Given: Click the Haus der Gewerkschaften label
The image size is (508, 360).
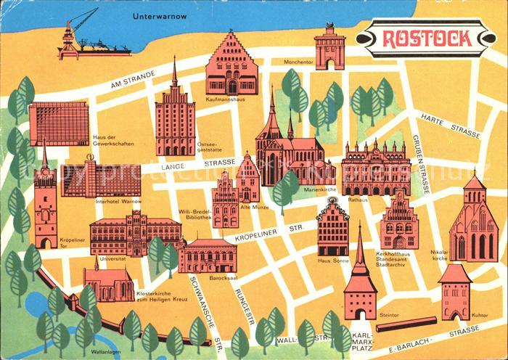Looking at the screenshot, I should tap(114, 141).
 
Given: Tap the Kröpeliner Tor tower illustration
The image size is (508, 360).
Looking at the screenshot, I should tap(46, 207).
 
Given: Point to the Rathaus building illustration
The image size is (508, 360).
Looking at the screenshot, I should tap(376, 169).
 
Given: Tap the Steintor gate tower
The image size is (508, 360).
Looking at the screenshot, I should tap(360, 283).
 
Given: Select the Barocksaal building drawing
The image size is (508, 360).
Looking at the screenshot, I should tap(208, 255).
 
